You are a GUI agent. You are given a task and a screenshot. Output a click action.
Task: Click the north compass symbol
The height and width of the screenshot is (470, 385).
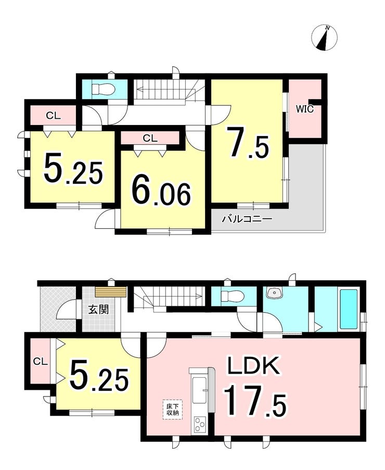tap(324, 38)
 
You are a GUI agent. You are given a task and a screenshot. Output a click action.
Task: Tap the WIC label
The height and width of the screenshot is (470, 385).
tap(305, 109)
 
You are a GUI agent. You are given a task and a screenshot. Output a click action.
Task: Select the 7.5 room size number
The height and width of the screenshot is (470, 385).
tap(248, 143)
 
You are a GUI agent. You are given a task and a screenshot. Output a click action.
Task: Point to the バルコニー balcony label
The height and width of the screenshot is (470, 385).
tap(247, 219)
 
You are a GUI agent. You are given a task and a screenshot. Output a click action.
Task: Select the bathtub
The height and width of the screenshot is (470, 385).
tap(348, 309)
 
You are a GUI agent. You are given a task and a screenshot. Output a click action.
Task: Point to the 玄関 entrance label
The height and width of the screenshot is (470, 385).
tap(98, 310)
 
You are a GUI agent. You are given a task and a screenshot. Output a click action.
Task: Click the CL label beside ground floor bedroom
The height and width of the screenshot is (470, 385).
tap(41, 362)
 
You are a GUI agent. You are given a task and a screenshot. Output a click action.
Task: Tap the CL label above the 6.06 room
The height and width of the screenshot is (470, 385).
tap(150, 138)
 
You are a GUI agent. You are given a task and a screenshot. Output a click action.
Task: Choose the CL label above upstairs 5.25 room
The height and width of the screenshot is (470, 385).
tap(53, 116)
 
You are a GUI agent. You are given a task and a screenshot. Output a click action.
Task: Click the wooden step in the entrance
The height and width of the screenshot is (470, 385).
tap(110, 292)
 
